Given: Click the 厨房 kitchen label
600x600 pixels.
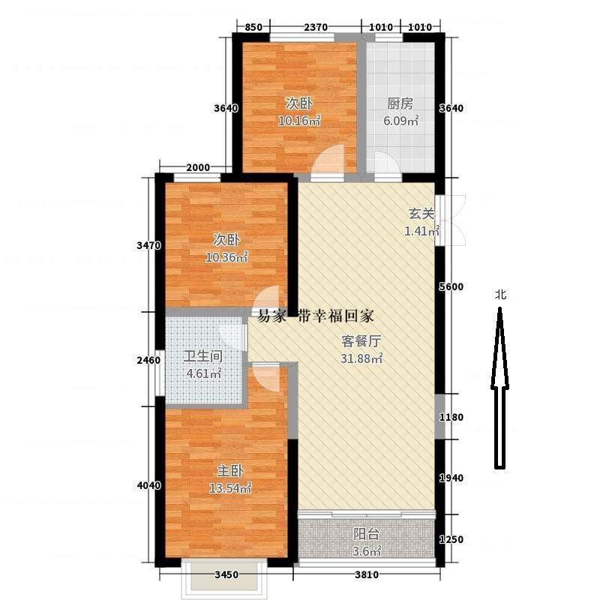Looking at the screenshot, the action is click(400, 103).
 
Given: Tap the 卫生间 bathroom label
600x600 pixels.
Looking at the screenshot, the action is click(202, 356).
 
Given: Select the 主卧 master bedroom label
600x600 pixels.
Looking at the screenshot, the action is click(230, 471).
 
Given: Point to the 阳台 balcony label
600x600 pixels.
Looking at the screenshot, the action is click(366, 534).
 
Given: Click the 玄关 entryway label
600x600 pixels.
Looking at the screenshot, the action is click(421, 214).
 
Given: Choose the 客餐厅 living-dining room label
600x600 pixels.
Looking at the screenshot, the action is click(361, 341).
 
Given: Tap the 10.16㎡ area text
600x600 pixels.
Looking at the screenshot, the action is click(299, 121).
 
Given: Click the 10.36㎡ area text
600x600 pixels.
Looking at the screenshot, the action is click(226, 257).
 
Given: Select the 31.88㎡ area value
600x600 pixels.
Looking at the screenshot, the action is click(361, 358).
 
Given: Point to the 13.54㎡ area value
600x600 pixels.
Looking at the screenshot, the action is click(230, 488).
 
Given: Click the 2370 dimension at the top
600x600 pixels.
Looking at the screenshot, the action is click(316, 27).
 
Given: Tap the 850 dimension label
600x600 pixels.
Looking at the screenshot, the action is click(253, 27).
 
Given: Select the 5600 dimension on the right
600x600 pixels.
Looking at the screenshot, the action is click(451, 286).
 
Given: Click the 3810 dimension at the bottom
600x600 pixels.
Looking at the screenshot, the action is click(367, 574).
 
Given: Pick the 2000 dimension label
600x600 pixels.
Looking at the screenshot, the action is click(198, 167).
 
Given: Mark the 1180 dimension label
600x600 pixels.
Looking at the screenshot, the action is click(451, 417).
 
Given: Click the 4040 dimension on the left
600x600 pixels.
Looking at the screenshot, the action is click(148, 485).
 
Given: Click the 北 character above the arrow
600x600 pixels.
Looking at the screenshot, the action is click(500, 294).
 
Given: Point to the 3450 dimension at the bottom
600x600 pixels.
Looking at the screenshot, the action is click(226, 574).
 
